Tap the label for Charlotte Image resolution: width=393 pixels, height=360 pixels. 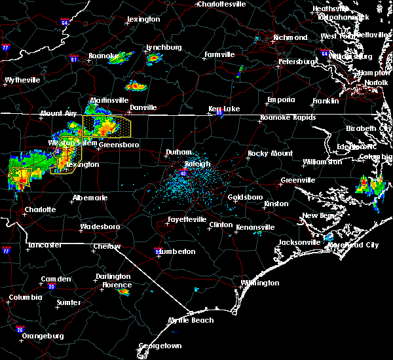(x=40, y=210)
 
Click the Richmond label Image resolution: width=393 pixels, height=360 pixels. (x=290, y=37)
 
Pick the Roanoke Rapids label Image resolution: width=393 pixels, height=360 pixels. (x=288, y=117)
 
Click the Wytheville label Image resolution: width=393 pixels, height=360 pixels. (x=22, y=80)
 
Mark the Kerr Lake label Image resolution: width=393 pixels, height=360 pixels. (x=224, y=109)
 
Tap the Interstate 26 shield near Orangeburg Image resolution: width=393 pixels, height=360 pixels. (x=21, y=329)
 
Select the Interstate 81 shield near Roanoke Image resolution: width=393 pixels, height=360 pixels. (x=73, y=59)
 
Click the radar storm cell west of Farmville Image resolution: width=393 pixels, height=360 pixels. (x=154, y=58)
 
